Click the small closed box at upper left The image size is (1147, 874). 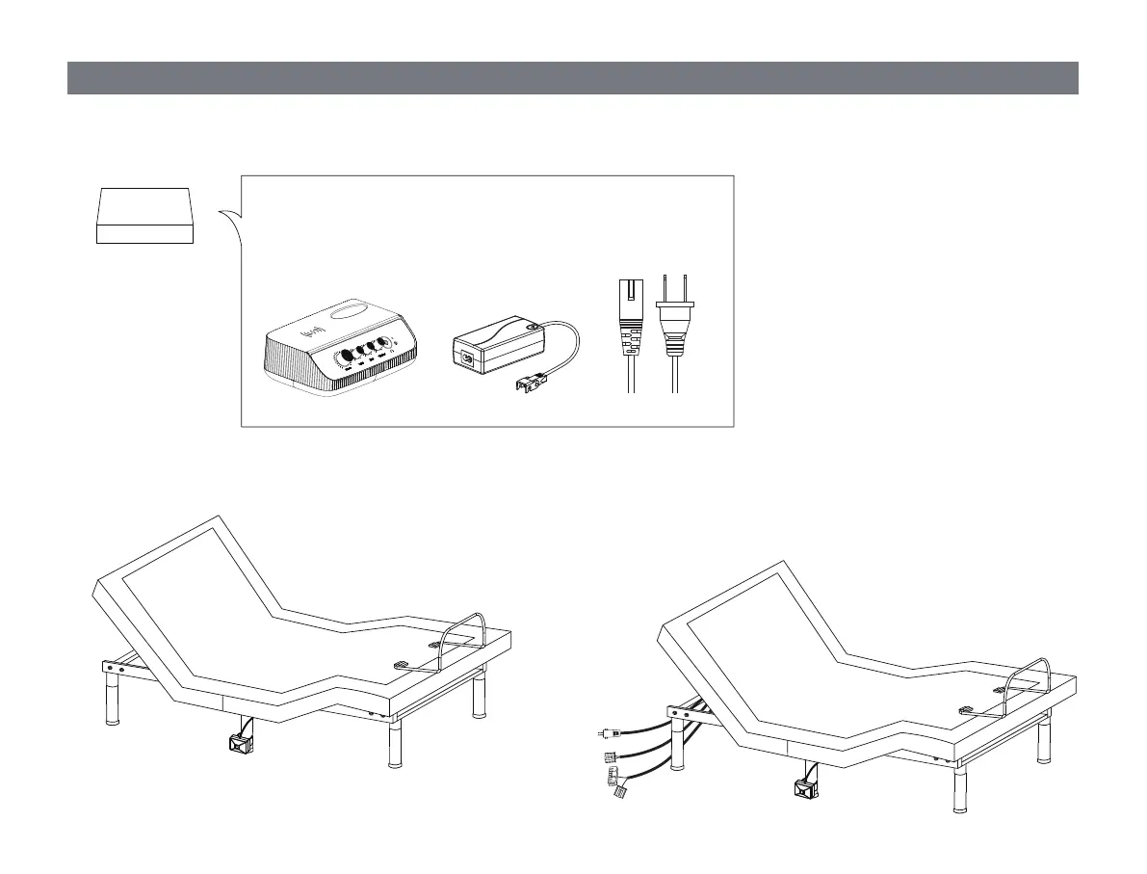(x=145, y=216)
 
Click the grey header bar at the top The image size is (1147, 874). (x=572, y=79)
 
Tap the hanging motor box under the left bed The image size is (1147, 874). (x=238, y=743)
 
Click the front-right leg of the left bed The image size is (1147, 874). (x=394, y=743)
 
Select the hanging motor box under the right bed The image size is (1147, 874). (x=803, y=788)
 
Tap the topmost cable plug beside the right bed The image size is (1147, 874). (x=609, y=734)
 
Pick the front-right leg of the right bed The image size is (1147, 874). (x=959, y=790)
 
